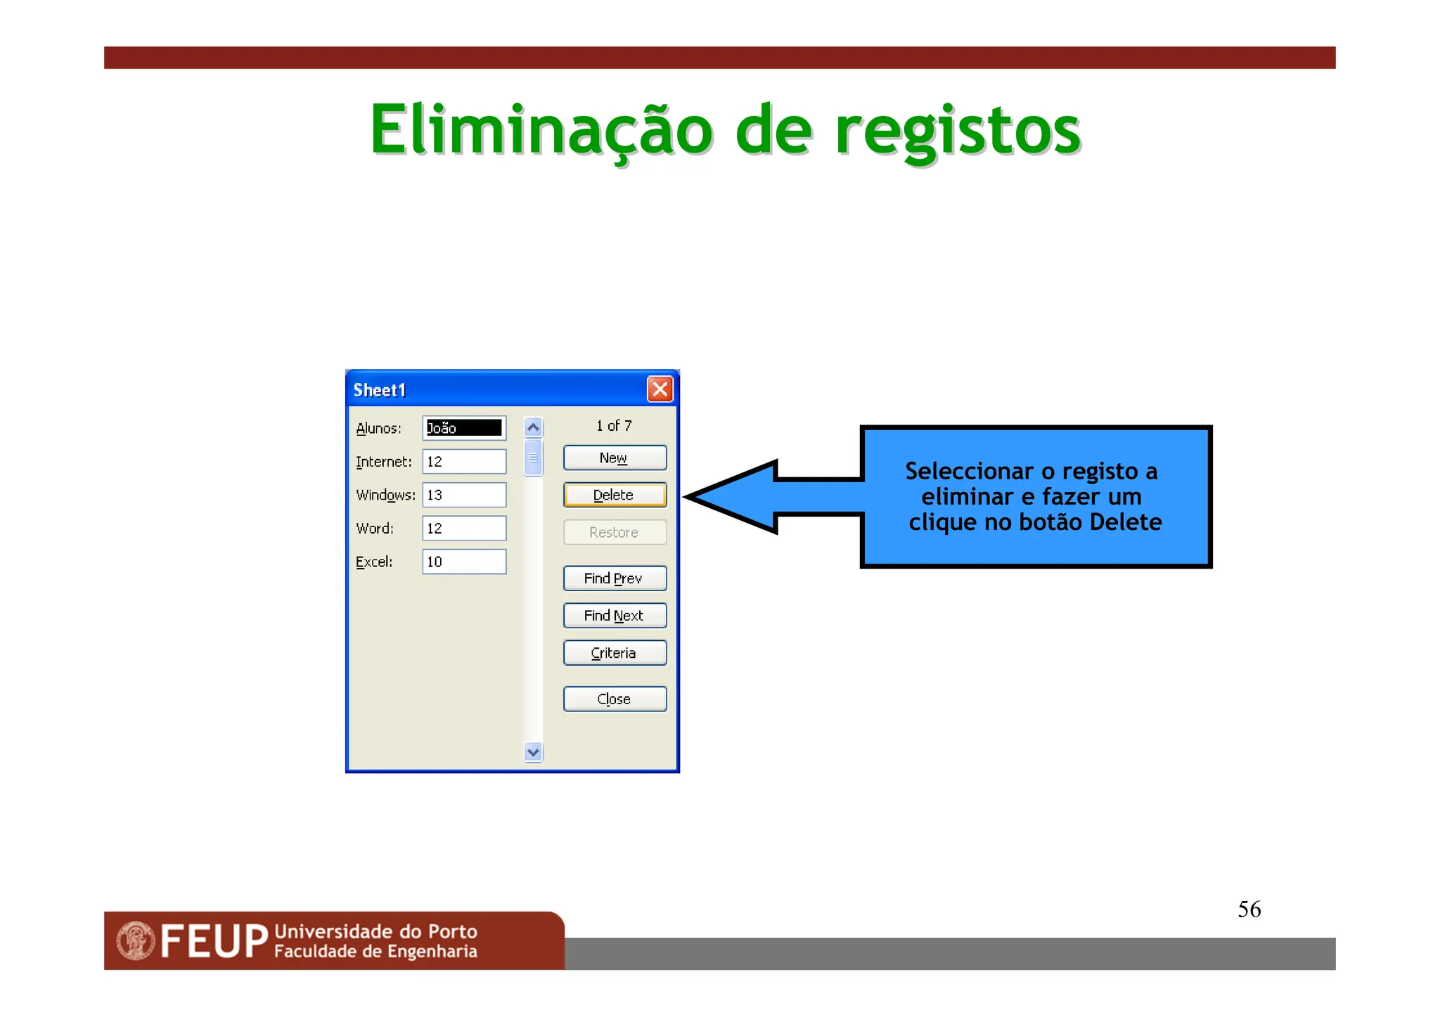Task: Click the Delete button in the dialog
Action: tap(615, 495)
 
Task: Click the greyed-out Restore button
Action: tap(615, 532)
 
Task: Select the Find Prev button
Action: tap(615, 578)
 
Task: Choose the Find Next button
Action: tap(615, 616)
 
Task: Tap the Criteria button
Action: tap(615, 653)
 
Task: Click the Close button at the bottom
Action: tap(615, 699)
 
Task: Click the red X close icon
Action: tap(660, 389)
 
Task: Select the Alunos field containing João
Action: tap(464, 428)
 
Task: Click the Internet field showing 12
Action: tap(464, 462)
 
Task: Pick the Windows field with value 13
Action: tap(464, 495)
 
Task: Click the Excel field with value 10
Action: tap(464, 562)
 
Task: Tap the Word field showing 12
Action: tap(464, 529)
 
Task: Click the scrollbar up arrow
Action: tap(534, 427)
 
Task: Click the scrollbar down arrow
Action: tap(534, 752)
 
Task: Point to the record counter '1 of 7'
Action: tap(614, 426)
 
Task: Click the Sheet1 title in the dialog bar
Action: tap(380, 390)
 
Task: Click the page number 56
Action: tap(1249, 909)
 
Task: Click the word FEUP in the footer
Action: tap(214, 942)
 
